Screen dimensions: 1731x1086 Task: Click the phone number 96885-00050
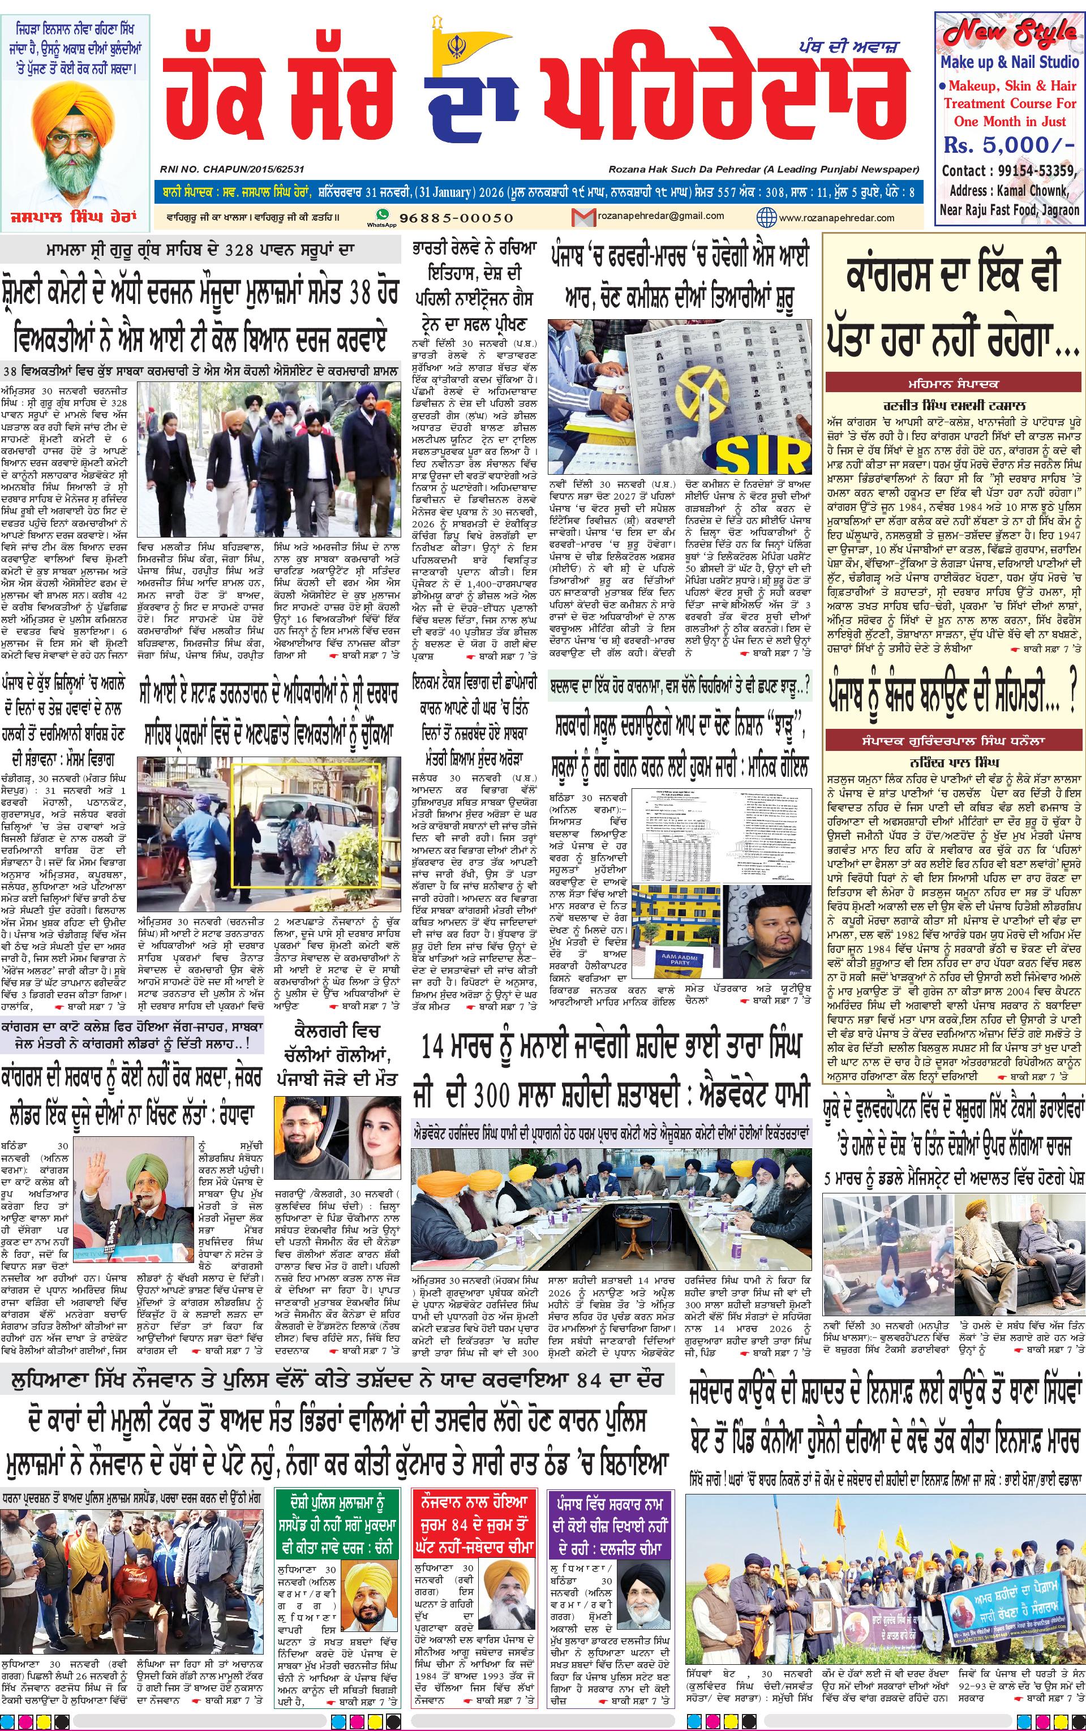pos(456,217)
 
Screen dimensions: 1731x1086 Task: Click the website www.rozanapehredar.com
pos(836,217)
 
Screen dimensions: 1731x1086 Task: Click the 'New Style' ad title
pos(1010,33)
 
